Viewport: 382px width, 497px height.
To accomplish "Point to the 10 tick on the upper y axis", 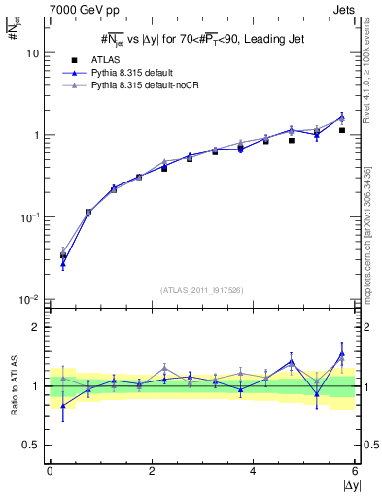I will click(x=32, y=53).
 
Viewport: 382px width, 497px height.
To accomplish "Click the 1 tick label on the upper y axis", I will click(x=35, y=135).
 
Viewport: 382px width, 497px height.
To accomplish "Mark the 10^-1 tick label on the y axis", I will click(x=30, y=217).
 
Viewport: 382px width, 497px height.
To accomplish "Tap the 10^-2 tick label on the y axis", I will click(x=30, y=300).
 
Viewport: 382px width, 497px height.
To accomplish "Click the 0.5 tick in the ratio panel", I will click(x=30, y=445).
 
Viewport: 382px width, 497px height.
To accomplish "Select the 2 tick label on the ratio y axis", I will click(x=35, y=327).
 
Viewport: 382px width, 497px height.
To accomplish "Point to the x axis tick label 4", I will click(x=254, y=470).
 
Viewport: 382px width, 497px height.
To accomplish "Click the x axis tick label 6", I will click(x=355, y=470).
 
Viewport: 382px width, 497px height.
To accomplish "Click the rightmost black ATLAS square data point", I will click(x=342, y=130).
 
